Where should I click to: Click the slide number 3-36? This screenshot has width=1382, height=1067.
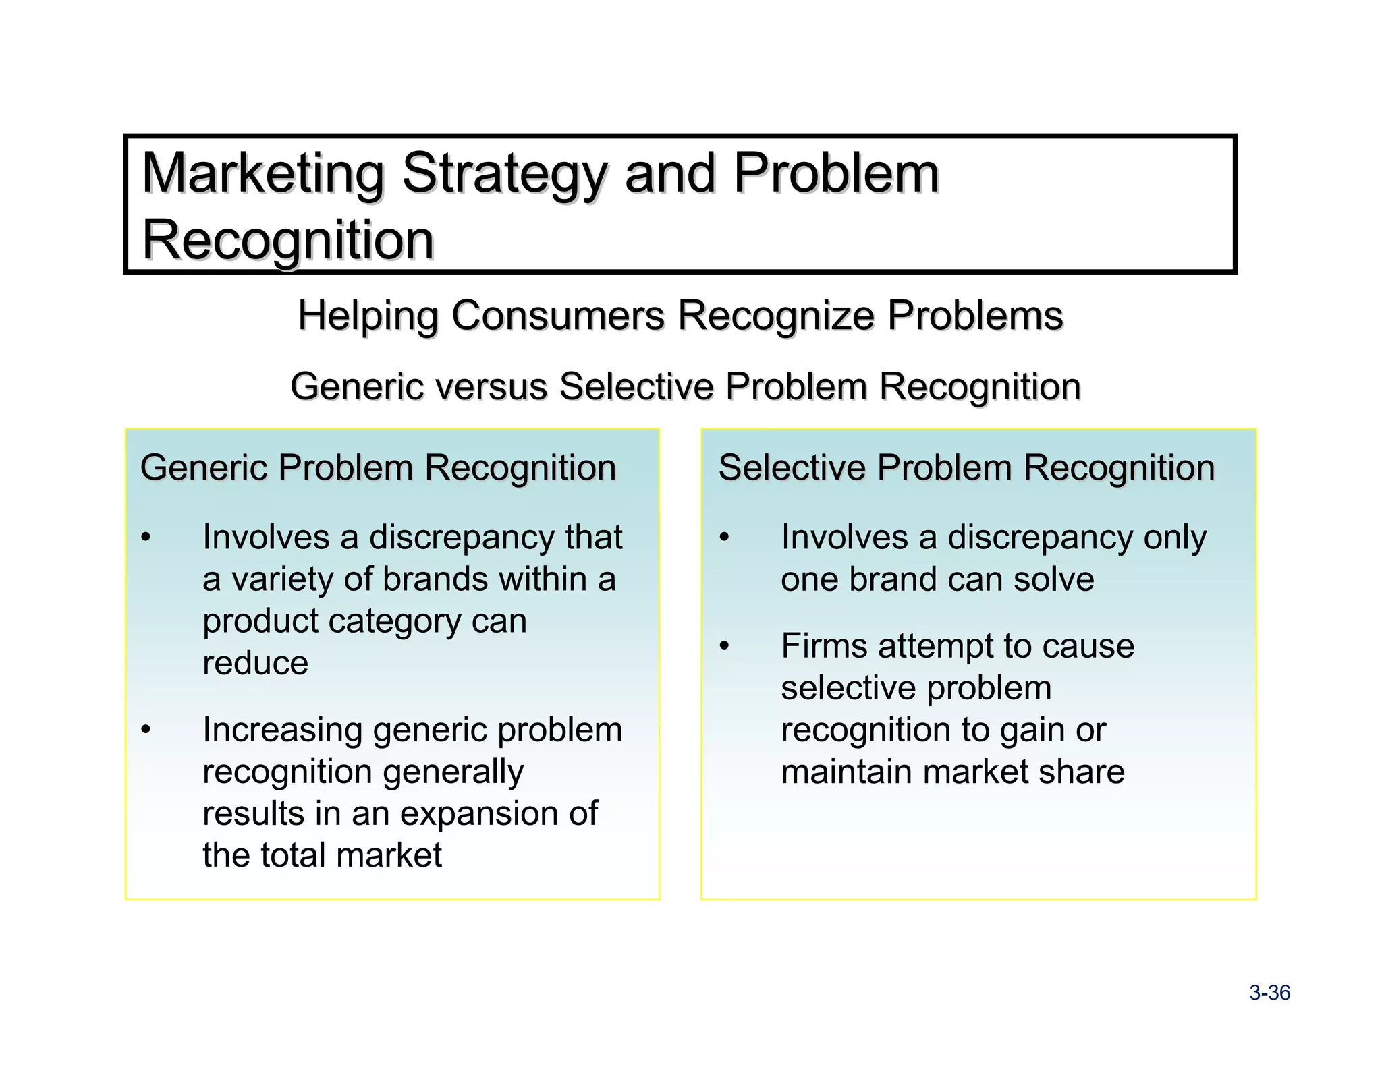point(1269,993)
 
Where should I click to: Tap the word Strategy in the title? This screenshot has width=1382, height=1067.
point(505,173)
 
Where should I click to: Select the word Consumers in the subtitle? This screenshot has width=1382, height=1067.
point(558,316)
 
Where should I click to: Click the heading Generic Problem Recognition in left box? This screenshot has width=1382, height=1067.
point(378,467)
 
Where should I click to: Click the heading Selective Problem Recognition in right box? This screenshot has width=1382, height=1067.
point(966,467)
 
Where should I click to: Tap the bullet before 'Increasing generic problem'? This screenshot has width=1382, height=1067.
point(146,729)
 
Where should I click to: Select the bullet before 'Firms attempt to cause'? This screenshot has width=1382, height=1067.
point(724,645)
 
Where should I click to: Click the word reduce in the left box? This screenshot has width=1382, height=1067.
point(255,663)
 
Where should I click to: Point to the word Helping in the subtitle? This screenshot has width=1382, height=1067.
point(368,316)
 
